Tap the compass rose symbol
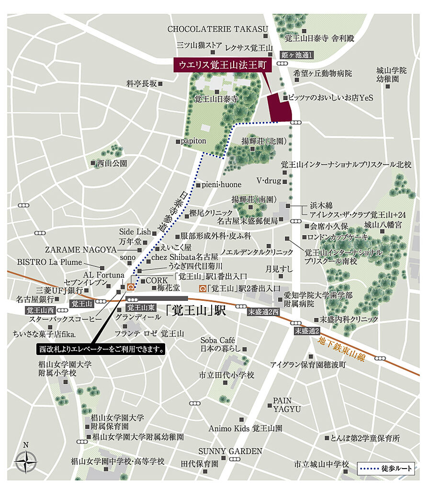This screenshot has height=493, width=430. click(26, 462)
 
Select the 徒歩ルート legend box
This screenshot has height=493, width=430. click(386, 469)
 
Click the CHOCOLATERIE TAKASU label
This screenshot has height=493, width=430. click(217, 29)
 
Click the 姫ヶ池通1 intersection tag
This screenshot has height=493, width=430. click(296, 55)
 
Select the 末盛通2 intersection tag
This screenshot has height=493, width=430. click(306, 331)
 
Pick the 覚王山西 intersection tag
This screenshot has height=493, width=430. click(41, 310)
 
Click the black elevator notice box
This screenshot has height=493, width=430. click(102, 350)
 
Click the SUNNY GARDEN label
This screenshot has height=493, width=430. click(231, 451)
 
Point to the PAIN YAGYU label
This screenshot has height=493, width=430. click(287, 404)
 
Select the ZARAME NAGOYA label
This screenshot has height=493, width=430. click(81, 250)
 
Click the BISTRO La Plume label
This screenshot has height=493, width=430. click(49, 262)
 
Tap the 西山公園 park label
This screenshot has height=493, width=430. click(112, 163)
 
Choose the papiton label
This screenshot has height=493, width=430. click(194, 141)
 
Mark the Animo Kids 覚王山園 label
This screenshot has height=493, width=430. click(245, 428)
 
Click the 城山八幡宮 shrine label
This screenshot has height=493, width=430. click(383, 224)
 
